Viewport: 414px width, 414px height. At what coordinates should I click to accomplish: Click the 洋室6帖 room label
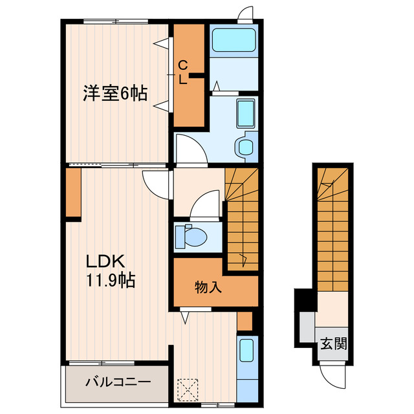[x=114, y=94]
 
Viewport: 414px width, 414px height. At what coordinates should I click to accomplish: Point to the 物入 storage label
[x=208, y=288]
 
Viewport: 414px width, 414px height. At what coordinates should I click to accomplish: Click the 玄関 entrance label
[x=333, y=343]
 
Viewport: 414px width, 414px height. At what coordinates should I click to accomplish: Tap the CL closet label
[x=183, y=72]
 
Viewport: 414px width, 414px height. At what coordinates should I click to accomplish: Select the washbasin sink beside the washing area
[x=246, y=114]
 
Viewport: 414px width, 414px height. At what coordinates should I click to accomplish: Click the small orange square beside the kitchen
[x=245, y=321]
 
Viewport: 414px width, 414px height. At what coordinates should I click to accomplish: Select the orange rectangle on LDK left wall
[x=73, y=195]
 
